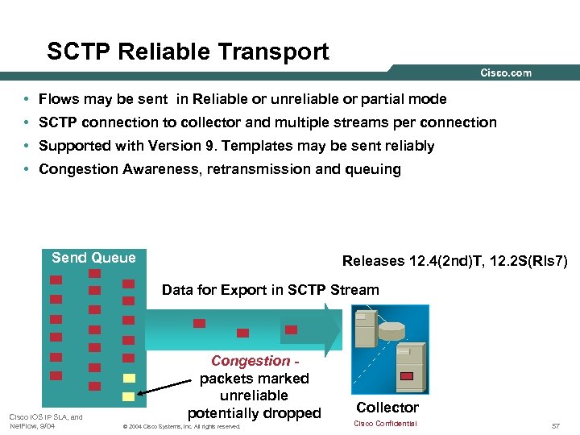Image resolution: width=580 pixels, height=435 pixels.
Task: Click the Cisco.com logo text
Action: tap(506, 72)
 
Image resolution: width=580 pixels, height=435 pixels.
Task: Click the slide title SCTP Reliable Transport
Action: tap(188, 52)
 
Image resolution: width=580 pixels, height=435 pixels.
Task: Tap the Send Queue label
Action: tap(93, 258)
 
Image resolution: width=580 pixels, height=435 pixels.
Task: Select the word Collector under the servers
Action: tap(387, 408)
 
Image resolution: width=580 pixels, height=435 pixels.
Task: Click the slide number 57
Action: tap(556, 425)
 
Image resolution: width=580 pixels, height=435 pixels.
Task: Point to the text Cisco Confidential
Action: tap(385, 424)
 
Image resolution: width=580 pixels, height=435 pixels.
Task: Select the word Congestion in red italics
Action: tap(250, 361)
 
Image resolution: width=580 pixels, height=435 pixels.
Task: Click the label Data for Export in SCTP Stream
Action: tap(270, 289)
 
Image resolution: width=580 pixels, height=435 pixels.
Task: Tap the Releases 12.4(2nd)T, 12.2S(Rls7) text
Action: tap(455, 261)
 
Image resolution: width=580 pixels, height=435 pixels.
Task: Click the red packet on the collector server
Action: tap(407, 375)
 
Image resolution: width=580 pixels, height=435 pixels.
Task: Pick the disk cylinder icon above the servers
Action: tap(391, 330)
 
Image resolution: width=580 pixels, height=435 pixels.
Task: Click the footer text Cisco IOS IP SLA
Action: tap(45, 416)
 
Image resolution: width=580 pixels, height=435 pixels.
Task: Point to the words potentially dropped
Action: tap(254, 413)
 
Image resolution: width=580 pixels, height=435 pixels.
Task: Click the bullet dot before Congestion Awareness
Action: tap(27, 169)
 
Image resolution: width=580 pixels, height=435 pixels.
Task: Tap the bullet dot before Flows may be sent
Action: tap(27, 99)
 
